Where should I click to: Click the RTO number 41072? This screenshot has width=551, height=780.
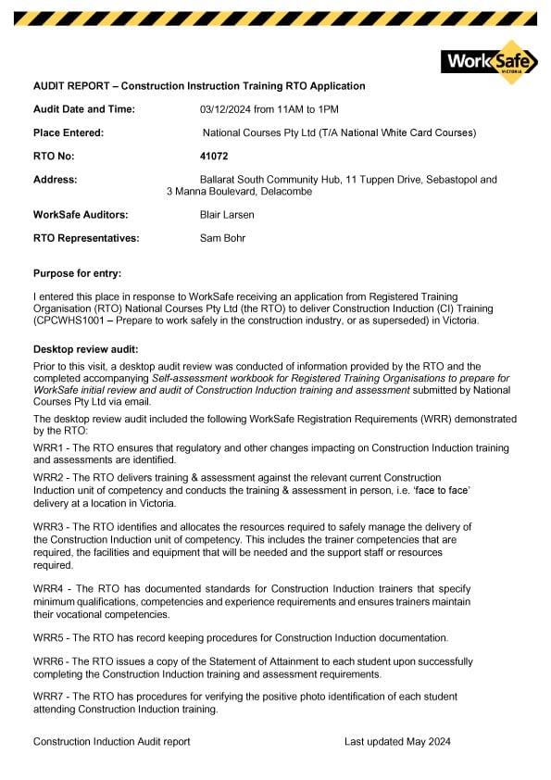tap(214, 157)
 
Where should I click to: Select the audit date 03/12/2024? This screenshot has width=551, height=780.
tap(226, 109)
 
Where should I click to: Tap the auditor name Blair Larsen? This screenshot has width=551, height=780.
tap(227, 215)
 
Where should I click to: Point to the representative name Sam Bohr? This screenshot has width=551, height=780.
tap(222, 238)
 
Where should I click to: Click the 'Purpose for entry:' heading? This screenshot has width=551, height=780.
tap(77, 273)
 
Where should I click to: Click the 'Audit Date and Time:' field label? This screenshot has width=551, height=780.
tap(84, 109)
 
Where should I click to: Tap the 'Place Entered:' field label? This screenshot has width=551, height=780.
tap(69, 132)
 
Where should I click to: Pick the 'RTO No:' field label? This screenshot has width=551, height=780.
tap(54, 157)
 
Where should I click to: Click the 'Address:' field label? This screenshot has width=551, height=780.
tap(56, 180)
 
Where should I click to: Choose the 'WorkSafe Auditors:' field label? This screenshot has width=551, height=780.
tap(81, 215)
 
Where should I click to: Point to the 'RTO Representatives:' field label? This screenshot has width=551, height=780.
tap(86, 238)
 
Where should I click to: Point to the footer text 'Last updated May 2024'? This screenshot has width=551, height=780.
tap(397, 742)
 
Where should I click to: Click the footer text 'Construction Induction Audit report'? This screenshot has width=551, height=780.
tap(112, 742)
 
